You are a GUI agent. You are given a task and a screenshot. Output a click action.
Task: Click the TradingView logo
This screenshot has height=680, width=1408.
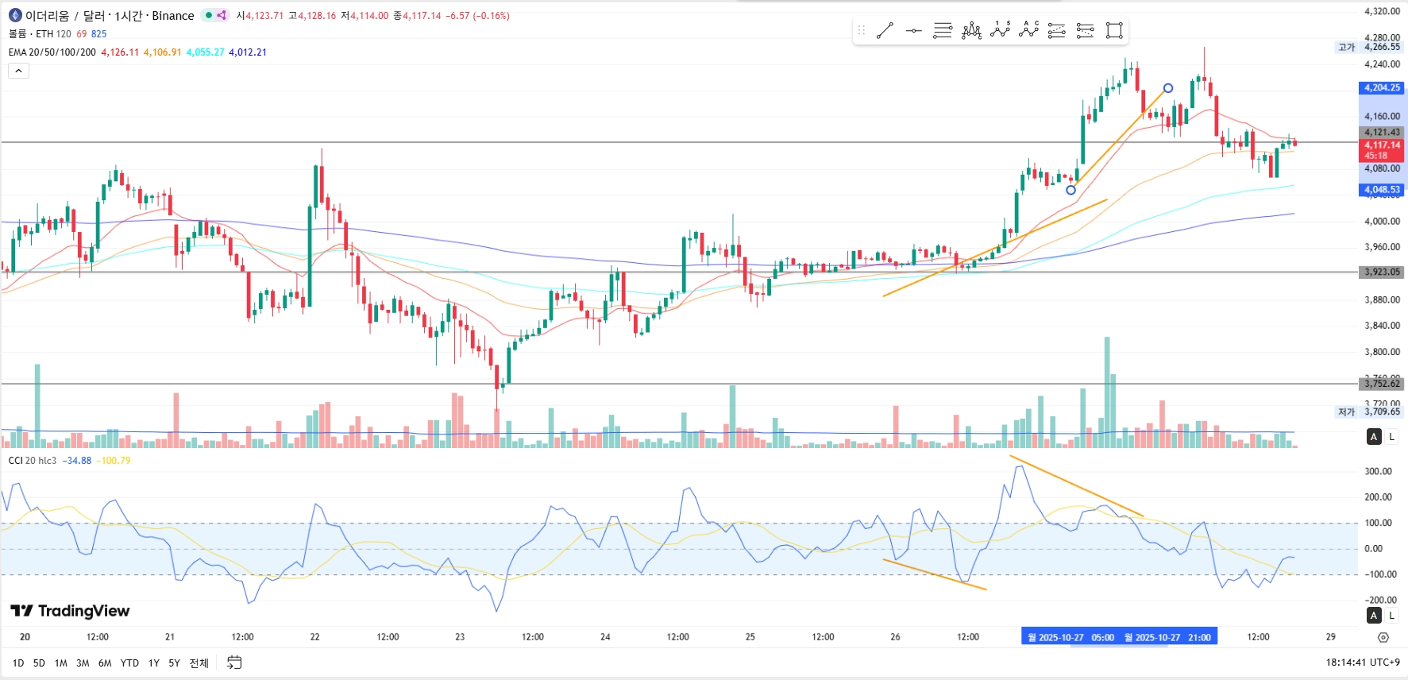pyautogui.click(x=70, y=611)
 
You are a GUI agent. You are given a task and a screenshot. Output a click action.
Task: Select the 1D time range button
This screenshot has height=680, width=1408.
pyautogui.click(x=18, y=663)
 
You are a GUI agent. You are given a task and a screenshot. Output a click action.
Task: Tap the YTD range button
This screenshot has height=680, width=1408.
pyautogui.click(x=129, y=663)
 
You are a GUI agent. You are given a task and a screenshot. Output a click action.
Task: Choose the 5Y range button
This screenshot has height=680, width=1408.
pyautogui.click(x=174, y=663)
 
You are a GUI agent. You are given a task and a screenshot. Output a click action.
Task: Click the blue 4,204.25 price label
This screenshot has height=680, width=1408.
pyautogui.click(x=1382, y=87)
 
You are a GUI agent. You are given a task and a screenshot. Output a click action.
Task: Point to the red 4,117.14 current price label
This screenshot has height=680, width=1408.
pyautogui.click(x=1382, y=145)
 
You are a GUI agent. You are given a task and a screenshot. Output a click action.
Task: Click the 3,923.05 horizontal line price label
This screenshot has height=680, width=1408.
pyautogui.click(x=1382, y=272)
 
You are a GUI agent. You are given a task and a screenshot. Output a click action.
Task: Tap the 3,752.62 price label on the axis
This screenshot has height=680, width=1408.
pyautogui.click(x=1382, y=384)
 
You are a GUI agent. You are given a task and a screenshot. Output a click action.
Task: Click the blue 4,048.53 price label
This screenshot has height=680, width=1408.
pyautogui.click(x=1382, y=190)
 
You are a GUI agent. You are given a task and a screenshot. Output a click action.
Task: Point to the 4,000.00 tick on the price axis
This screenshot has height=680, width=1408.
pyautogui.click(x=1382, y=221)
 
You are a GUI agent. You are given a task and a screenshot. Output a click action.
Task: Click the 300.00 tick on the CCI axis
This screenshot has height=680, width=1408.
pyautogui.click(x=1378, y=471)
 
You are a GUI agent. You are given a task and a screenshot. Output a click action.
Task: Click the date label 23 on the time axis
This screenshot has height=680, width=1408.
pyautogui.click(x=460, y=637)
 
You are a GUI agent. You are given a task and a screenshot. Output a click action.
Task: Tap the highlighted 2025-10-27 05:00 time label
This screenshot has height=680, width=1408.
pyautogui.click(x=1070, y=637)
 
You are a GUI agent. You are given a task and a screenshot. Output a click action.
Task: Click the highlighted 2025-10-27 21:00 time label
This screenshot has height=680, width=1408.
pyautogui.click(x=1167, y=637)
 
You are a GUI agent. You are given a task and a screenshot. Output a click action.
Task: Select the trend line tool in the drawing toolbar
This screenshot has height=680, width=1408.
pyautogui.click(x=885, y=31)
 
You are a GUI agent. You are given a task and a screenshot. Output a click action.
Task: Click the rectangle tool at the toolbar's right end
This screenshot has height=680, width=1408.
pyautogui.click(x=1114, y=31)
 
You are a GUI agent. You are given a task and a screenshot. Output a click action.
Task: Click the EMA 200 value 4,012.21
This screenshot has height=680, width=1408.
pyautogui.click(x=248, y=52)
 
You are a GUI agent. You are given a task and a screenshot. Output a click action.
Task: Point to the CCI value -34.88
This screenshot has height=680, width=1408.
pyautogui.click(x=77, y=461)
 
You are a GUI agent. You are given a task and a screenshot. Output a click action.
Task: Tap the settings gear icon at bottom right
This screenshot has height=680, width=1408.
pyautogui.click(x=1383, y=637)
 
